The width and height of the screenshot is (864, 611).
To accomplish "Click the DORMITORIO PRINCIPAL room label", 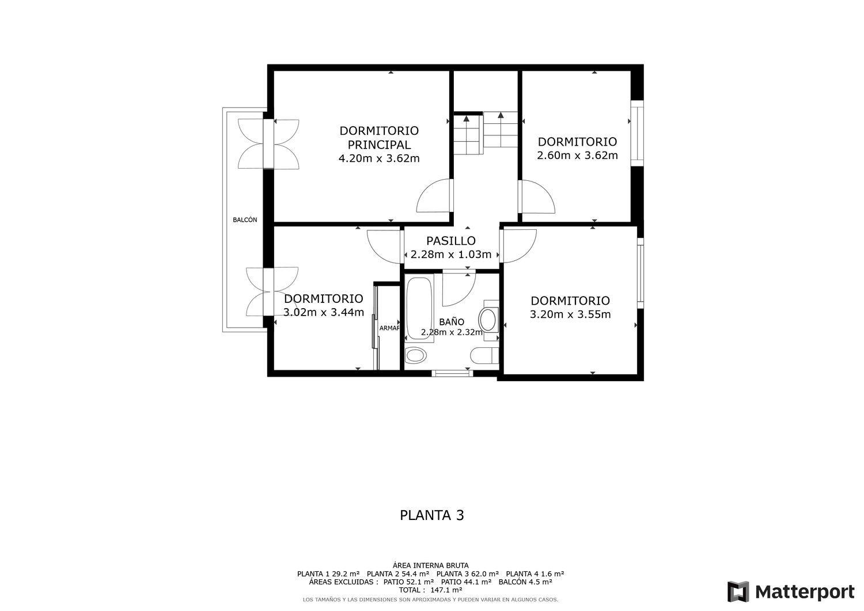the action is click(x=379, y=138).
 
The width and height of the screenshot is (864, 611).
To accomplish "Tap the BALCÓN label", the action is click(x=245, y=220).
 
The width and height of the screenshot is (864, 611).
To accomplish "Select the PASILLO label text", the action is click(x=450, y=241).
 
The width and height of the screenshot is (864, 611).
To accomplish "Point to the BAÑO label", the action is click(x=451, y=322).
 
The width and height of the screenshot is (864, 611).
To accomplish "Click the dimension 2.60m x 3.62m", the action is click(x=577, y=155).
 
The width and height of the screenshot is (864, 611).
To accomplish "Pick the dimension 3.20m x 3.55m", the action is click(x=570, y=314).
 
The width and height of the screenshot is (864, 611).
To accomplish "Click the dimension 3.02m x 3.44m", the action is click(x=324, y=312).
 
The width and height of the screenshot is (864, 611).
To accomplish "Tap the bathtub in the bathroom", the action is click(x=419, y=309).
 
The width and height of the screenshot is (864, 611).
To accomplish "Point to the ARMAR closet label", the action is click(x=389, y=328).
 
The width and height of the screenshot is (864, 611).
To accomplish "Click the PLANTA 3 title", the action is click(x=431, y=515).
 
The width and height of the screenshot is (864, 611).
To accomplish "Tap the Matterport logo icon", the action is click(x=738, y=592).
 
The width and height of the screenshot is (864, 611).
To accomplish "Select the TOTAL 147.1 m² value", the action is click(x=430, y=590).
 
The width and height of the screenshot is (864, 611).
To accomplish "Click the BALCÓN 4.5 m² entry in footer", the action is click(x=525, y=582).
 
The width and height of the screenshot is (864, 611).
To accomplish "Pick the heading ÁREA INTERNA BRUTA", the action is click(x=431, y=566).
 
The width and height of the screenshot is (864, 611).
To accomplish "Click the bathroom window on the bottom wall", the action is click(x=452, y=373).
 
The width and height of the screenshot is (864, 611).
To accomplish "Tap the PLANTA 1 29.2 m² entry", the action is click(x=328, y=574).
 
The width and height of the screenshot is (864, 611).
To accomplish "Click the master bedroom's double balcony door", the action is click(x=268, y=144).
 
